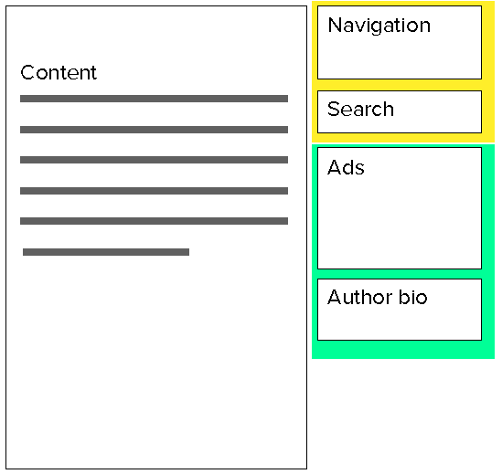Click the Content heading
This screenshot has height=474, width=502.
(59, 72)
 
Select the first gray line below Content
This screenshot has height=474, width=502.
(154, 99)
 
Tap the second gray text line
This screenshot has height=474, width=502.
(154, 130)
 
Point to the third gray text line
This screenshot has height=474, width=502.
(154, 160)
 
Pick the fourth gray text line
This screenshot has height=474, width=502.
(154, 191)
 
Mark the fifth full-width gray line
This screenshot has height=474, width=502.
(154, 221)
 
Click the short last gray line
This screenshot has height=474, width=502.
(106, 252)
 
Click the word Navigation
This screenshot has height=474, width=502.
(379, 26)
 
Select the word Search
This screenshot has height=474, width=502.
(360, 109)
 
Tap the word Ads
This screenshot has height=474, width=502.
(346, 167)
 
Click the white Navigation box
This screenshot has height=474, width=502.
(400, 43)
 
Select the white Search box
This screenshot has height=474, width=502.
(400, 112)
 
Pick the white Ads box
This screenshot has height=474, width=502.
(400, 208)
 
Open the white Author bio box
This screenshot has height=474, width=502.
(400, 310)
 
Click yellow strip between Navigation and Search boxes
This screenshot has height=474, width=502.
(400, 85)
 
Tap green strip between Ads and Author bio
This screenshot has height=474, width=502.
(400, 274)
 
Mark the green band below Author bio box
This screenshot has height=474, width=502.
(403, 350)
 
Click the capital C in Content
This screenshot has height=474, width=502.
(27, 72)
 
